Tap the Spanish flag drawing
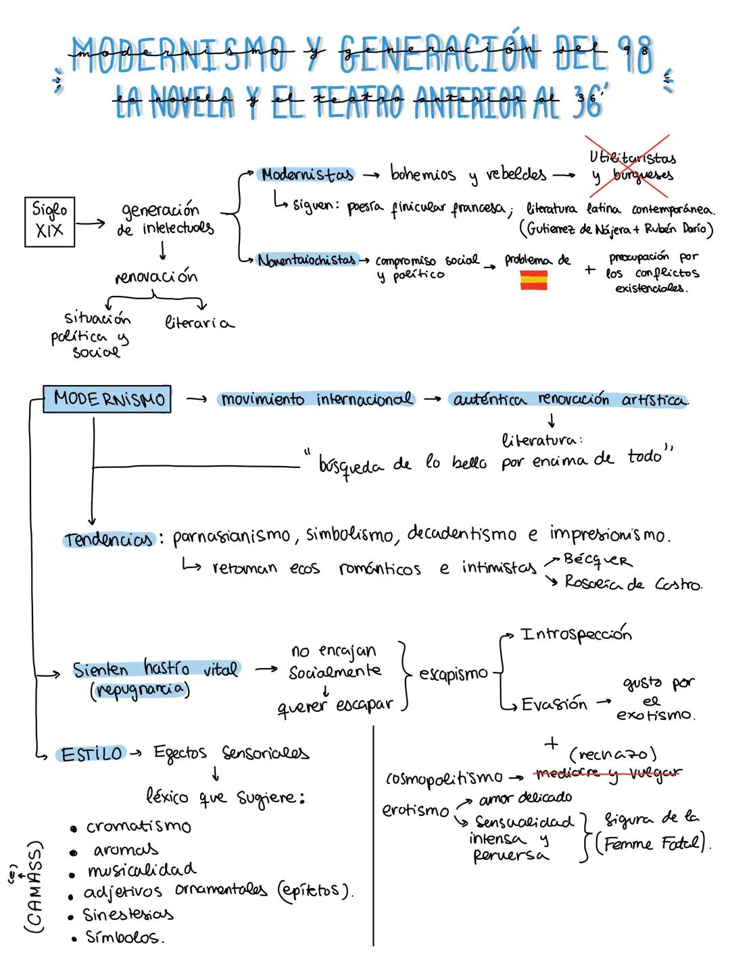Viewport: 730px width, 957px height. (533, 280)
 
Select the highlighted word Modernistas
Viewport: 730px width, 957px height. (308, 175)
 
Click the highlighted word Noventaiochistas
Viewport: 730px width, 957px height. (306, 259)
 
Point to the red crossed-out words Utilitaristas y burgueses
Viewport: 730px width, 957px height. (633, 166)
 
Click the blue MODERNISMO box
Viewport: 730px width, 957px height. (107, 399)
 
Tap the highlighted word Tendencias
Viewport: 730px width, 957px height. (109, 540)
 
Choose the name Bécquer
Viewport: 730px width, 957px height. (598, 560)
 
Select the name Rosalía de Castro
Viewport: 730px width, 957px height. (633, 584)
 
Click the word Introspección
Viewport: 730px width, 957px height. (576, 634)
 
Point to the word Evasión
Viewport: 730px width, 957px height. (554, 704)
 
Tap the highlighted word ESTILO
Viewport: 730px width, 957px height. (92, 754)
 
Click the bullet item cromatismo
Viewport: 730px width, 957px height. (139, 827)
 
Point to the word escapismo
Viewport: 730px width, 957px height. (453, 673)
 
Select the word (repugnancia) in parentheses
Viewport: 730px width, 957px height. (140, 690)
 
